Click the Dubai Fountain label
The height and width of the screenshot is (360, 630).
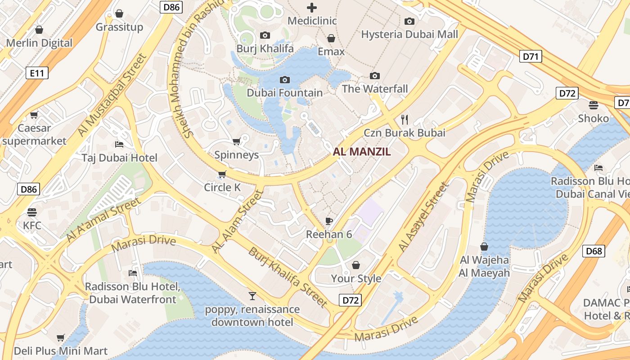[284, 93]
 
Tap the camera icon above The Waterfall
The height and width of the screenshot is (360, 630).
[374, 76]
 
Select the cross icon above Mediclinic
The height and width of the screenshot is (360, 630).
[311, 8]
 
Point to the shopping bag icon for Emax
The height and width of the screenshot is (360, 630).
[331, 38]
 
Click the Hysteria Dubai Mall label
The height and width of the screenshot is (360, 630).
[409, 34]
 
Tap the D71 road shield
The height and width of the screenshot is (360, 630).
[531, 56]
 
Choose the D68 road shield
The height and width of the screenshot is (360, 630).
[594, 251]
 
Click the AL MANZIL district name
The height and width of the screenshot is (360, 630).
[362, 152]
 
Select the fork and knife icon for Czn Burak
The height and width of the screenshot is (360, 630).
[405, 119]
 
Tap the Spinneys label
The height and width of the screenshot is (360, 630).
[236, 155]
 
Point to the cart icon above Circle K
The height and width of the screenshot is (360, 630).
[222, 174]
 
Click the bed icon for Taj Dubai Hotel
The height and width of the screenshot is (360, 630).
[119, 144]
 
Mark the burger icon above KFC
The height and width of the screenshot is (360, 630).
[32, 211]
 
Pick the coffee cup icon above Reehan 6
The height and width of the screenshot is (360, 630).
[329, 221]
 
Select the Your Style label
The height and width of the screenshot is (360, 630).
[356, 279]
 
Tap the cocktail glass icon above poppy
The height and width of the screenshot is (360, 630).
[252, 296]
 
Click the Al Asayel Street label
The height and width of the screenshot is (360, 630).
[423, 216]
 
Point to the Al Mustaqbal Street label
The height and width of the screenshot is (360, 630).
[112, 95]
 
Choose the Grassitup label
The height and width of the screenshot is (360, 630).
[119, 27]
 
